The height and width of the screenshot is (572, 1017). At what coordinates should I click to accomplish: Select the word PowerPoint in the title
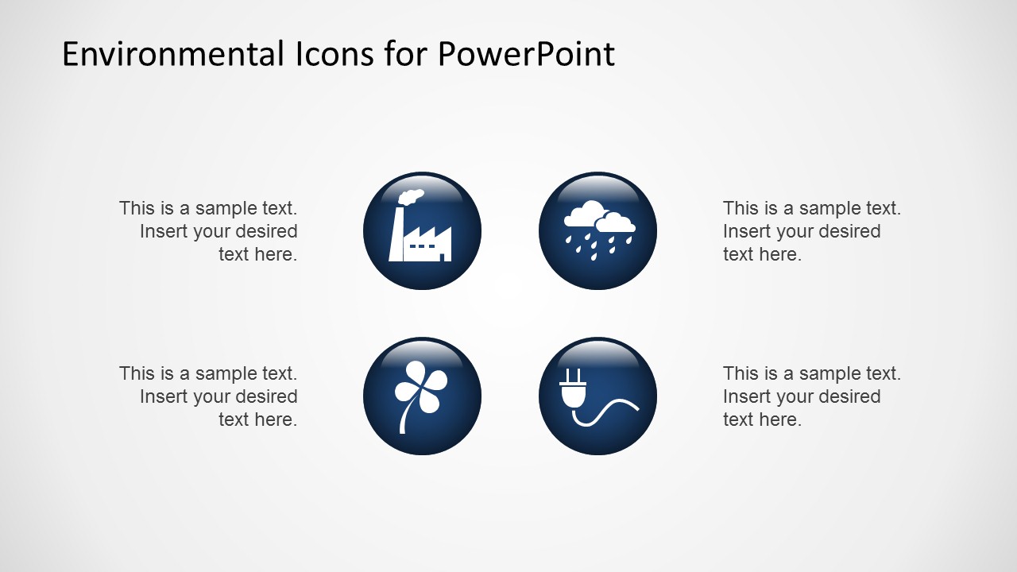[x=526, y=54]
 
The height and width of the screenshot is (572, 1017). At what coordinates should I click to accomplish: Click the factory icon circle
[x=422, y=231]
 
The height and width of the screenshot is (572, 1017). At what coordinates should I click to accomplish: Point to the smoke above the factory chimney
[x=410, y=196]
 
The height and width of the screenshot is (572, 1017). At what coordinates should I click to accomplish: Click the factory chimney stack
[x=396, y=235]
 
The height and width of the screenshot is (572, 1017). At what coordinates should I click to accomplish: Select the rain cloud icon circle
[x=597, y=231]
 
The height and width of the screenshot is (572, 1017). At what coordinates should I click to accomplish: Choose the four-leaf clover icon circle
[x=422, y=396]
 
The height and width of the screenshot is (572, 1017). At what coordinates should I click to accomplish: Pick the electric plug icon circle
[x=597, y=396]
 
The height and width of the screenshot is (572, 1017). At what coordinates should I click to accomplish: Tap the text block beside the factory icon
[x=209, y=231]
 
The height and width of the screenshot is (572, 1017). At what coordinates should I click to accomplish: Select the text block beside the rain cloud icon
[x=811, y=231]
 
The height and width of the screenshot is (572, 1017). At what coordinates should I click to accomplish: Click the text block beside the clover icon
[x=209, y=396]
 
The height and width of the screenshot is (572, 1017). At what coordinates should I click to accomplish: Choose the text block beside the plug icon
[x=811, y=396]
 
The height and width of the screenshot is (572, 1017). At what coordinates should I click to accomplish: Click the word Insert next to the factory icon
[x=163, y=231]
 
